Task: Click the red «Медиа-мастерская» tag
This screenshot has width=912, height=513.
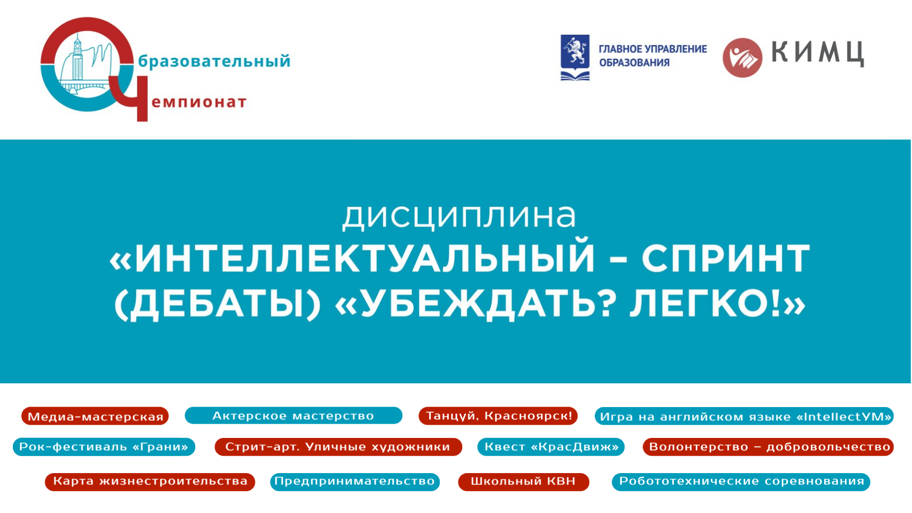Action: click(x=95, y=416)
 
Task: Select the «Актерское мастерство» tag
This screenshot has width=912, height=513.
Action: click(x=293, y=416)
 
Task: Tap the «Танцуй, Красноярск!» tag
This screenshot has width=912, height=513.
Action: click(x=498, y=416)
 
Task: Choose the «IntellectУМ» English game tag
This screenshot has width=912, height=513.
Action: click(x=744, y=416)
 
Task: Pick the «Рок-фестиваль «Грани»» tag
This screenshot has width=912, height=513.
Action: click(x=104, y=446)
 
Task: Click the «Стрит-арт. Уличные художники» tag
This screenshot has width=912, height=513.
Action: click(x=338, y=446)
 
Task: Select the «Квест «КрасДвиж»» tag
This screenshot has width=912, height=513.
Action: click(x=551, y=446)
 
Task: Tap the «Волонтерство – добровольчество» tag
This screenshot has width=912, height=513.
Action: click(x=768, y=446)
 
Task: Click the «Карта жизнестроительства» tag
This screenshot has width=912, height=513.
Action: click(x=150, y=482)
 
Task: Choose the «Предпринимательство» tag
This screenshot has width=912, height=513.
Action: click(x=355, y=482)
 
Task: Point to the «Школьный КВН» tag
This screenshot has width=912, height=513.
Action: click(x=523, y=482)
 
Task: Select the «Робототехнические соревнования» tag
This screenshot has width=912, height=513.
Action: click(x=741, y=482)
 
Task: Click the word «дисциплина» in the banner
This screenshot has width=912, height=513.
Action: click(x=459, y=217)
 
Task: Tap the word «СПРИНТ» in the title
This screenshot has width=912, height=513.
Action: click(x=725, y=258)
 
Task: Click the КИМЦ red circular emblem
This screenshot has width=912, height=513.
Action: click(x=742, y=57)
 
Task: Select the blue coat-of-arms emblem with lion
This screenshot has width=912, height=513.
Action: click(x=575, y=57)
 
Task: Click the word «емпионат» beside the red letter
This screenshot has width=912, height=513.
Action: click(x=199, y=102)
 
